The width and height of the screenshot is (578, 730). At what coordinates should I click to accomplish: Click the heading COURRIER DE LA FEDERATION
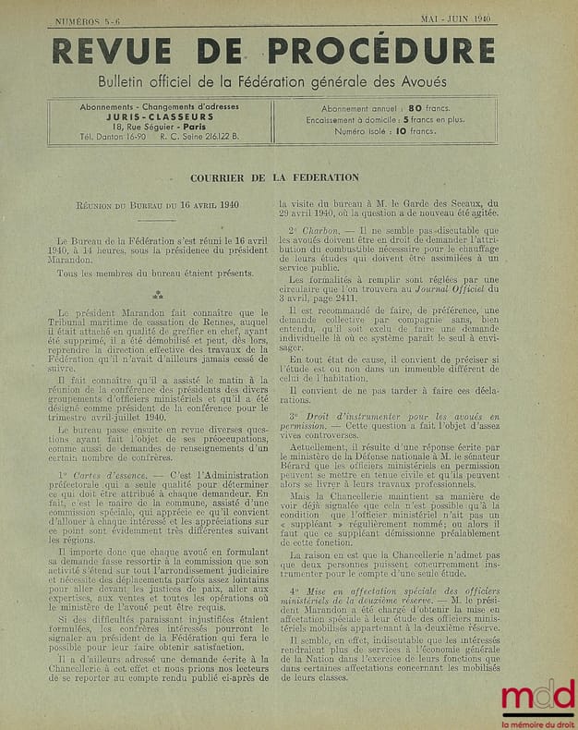point(275,177)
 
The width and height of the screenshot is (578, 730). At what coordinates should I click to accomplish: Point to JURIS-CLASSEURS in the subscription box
point(162,118)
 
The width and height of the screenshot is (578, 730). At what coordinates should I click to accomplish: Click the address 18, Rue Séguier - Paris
point(162,128)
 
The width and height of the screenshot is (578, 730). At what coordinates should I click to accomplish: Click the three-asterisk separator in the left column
point(158,295)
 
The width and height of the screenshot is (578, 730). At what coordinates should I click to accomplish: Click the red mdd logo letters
point(536,698)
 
